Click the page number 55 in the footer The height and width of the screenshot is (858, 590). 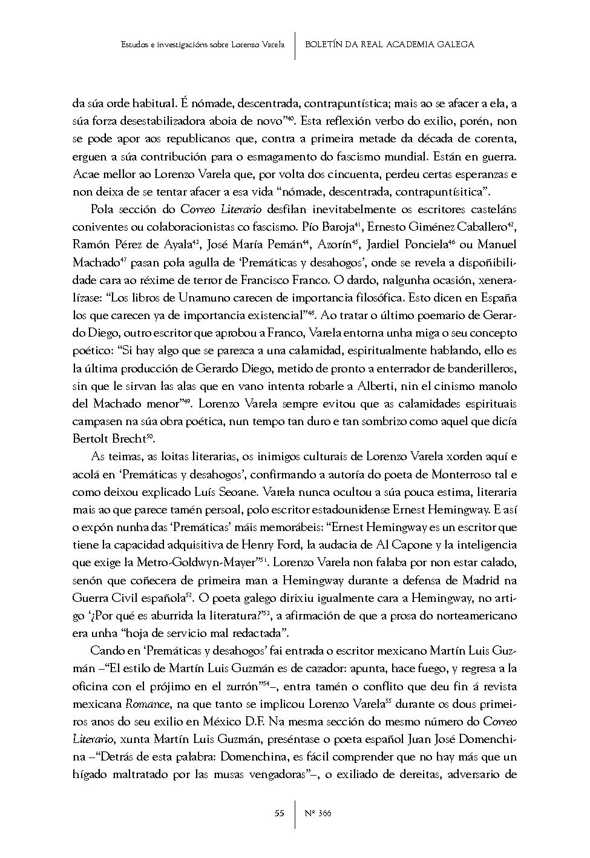pyautogui.click(x=279, y=813)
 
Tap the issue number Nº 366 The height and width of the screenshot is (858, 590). pyautogui.click(x=318, y=813)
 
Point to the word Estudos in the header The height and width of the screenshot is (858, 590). pyautogui.click(x=134, y=44)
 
